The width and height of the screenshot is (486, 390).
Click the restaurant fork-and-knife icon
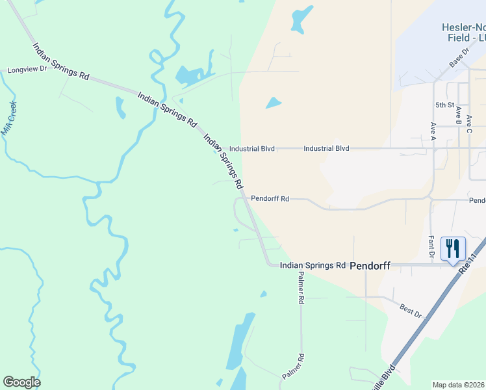pyautogui.click(x=453, y=248)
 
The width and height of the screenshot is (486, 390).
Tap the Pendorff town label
pyautogui.click(x=370, y=266)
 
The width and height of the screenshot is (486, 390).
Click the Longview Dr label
pyautogui.click(x=27, y=69)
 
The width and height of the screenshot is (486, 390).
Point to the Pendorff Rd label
pyautogui.click(x=270, y=198)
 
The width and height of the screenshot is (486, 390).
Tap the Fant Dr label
pyautogui.click(x=431, y=246)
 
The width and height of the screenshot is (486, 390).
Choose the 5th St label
pyautogui.click(x=444, y=105)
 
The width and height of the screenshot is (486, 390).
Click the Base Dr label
pyautogui.click(x=459, y=58)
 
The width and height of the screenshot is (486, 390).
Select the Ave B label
pyautogui.click(x=459, y=116)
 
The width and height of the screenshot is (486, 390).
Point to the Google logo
pyautogui.click(x=21, y=382)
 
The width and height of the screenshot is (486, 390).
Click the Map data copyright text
pyautogui.click(x=459, y=385)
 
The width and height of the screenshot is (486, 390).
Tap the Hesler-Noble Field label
pyautogui.click(x=463, y=32)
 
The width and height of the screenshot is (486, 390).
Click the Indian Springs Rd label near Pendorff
pyautogui.click(x=313, y=265)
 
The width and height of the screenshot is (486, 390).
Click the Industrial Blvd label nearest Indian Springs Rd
pyautogui.click(x=252, y=149)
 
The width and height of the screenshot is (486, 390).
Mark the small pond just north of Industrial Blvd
pyautogui.click(x=274, y=103)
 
